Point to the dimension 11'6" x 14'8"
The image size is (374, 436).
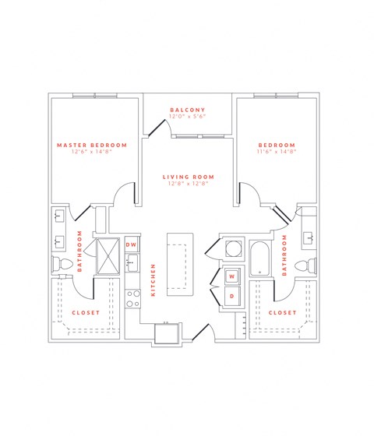pos(277,153)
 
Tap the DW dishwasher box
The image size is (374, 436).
pos(132,244)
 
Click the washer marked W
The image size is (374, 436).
pos(232,276)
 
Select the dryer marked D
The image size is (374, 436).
pos(232,296)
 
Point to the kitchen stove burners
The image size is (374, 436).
pos(132,295)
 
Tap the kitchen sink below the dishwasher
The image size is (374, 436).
pos(132,262)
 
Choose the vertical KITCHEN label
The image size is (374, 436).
pos(153,280)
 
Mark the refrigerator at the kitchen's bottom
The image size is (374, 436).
pos(167,333)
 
